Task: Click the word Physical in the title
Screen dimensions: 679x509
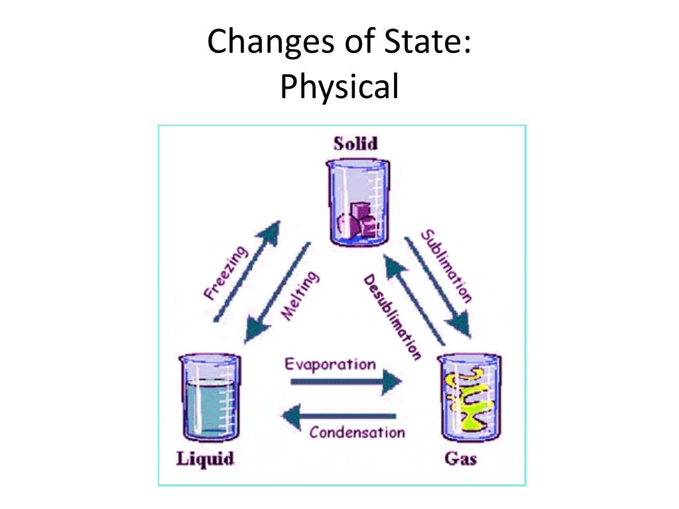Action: [x=339, y=87]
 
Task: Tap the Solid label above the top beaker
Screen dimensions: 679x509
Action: [x=355, y=143]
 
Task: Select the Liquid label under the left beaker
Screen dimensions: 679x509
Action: [x=205, y=459]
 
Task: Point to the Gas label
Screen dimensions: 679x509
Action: [x=461, y=459]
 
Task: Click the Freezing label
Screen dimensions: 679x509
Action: [x=225, y=272]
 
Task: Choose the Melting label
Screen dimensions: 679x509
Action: [x=300, y=296]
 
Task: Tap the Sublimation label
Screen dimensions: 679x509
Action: [x=447, y=265]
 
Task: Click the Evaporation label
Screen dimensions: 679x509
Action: [x=330, y=364]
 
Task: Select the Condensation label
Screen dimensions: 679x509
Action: [x=357, y=433]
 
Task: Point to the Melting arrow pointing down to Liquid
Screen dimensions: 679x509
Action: [x=277, y=292]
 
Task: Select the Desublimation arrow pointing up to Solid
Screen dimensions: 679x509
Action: [x=415, y=298]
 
